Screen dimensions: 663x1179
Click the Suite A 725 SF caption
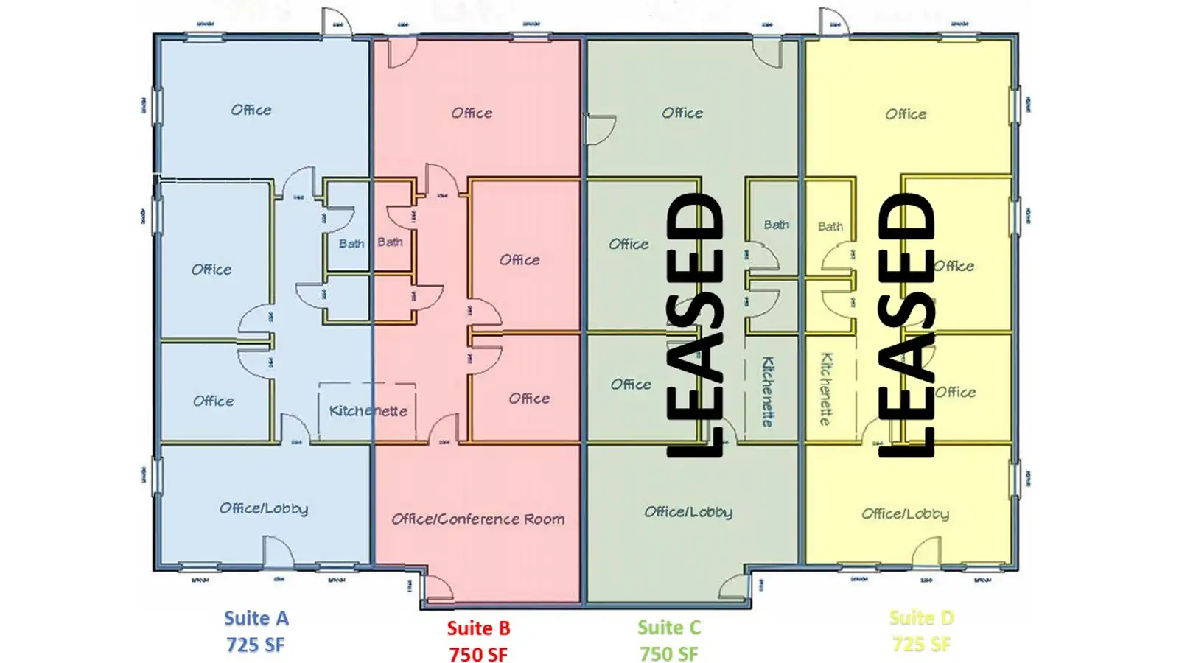[x=256, y=631]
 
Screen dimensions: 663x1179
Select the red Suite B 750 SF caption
[x=478, y=641]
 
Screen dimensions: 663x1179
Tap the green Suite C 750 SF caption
[x=669, y=640]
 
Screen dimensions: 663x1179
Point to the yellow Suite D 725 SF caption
[x=921, y=631]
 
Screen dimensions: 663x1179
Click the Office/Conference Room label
[x=478, y=519]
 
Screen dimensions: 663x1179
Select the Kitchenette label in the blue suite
[x=368, y=411]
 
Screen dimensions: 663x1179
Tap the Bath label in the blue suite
[x=351, y=243]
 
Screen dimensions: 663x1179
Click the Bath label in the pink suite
[x=390, y=242]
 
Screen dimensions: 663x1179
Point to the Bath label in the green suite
[x=776, y=225]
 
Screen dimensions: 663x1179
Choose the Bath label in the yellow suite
[x=830, y=227]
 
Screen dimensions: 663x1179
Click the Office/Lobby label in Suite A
[x=264, y=508]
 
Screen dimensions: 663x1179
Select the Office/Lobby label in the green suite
[x=688, y=512]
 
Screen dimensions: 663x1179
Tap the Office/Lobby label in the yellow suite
[x=905, y=513]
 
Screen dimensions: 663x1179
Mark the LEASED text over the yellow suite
[x=907, y=324]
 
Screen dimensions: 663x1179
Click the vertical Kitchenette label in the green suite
[x=767, y=391]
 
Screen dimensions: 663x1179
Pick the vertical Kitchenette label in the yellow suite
[x=826, y=388]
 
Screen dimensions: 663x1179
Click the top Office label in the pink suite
[x=472, y=113]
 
